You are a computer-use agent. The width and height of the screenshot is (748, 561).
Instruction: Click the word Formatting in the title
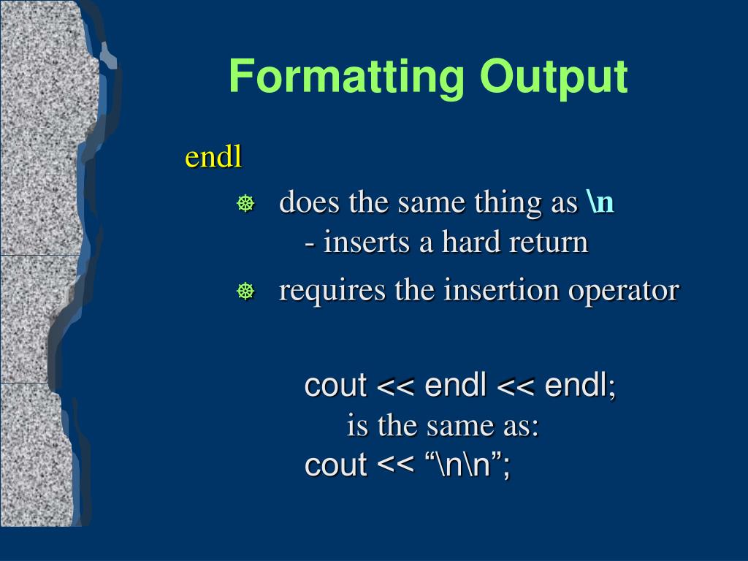[347, 77]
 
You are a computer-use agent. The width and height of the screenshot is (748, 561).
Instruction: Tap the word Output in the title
[554, 77]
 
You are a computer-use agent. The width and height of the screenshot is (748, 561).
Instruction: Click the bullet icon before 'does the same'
[245, 203]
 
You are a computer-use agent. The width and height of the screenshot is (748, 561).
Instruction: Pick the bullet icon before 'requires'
[245, 291]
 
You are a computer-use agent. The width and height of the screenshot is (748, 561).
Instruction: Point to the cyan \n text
[600, 202]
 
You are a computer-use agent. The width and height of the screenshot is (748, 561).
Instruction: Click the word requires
[332, 291]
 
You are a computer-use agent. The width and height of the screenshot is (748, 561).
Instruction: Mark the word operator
[623, 291]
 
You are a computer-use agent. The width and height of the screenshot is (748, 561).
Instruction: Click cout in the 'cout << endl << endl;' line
[335, 385]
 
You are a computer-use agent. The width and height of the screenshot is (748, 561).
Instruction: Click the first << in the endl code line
[395, 386]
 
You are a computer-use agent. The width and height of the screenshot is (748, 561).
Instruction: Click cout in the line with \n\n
[335, 464]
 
